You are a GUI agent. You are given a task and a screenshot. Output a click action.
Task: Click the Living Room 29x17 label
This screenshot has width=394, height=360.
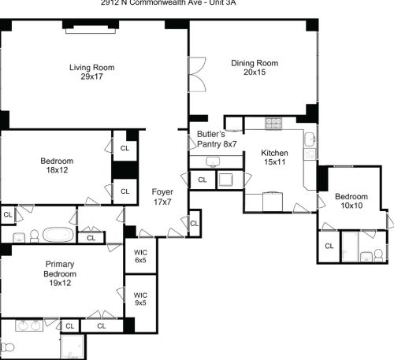pyautogui.click(x=91, y=72)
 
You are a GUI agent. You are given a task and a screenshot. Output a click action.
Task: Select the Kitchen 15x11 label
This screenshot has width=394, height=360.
pyautogui.click(x=275, y=158)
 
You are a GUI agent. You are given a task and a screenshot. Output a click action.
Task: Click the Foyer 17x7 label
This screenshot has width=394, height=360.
pyautogui.click(x=162, y=196)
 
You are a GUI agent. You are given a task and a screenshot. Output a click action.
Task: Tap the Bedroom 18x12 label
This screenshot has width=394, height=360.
pyautogui.click(x=57, y=166)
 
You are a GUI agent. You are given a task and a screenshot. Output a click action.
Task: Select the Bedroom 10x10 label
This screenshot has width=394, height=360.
pyautogui.click(x=351, y=201)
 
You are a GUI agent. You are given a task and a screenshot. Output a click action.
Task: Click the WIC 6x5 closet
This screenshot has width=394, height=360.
pyautogui.click(x=140, y=256)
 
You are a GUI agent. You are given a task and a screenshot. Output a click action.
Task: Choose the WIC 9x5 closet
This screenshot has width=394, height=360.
pyautogui.click(x=140, y=298)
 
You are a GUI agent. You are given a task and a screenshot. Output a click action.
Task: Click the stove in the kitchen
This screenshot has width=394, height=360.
pyautogui.click(x=273, y=123)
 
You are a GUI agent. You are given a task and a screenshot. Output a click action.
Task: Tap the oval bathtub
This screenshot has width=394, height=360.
pyautogui.click(x=57, y=235)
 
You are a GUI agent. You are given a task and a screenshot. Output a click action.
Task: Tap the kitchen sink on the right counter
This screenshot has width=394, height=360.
pyautogui.click(x=310, y=140)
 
